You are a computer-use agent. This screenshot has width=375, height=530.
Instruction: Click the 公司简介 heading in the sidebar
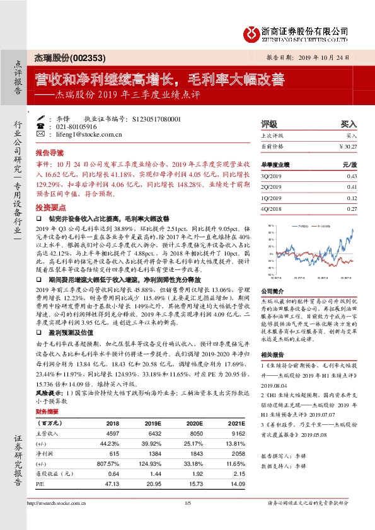(x=272, y=291)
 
